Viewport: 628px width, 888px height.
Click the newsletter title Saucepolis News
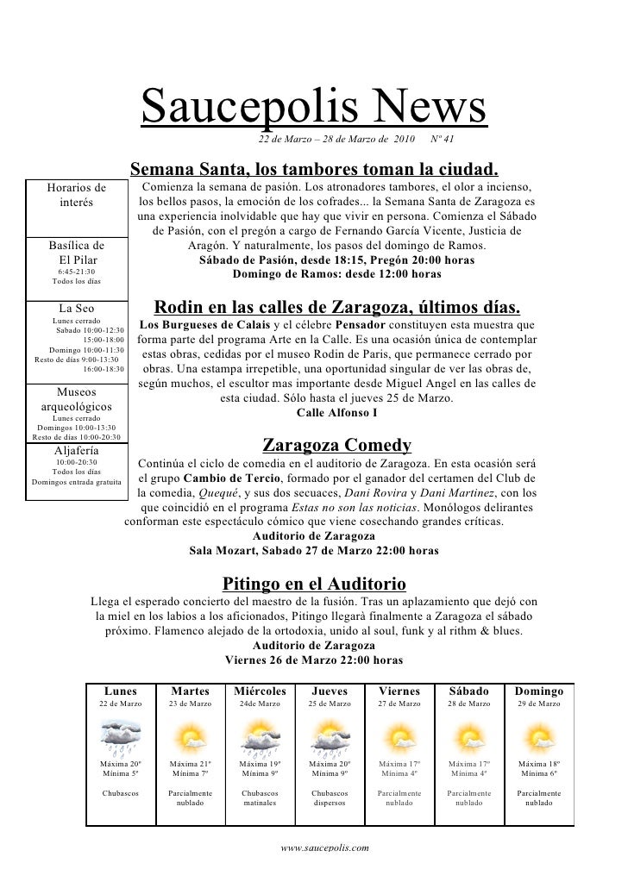(x=314, y=109)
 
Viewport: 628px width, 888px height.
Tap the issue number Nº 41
(x=442, y=139)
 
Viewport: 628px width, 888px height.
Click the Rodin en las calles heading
(x=336, y=307)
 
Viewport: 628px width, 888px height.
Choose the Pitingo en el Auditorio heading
(x=314, y=584)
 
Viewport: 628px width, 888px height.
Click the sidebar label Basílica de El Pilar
(x=77, y=252)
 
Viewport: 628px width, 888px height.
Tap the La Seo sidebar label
(x=77, y=308)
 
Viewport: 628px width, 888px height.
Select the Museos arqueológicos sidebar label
(x=77, y=399)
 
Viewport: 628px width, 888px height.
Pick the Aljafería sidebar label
(x=77, y=450)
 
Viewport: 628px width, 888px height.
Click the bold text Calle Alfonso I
(x=336, y=412)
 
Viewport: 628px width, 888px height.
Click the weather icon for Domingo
(x=539, y=737)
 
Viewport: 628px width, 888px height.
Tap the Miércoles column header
(x=260, y=691)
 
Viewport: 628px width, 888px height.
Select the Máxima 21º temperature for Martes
(x=190, y=764)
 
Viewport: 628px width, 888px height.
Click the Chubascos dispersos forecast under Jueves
(x=330, y=797)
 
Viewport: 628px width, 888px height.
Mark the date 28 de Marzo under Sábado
(x=469, y=704)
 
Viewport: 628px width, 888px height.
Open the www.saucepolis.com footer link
(x=325, y=847)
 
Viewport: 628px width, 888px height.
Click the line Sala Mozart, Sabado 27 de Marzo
(x=314, y=550)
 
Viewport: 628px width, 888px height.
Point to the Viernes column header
(x=400, y=691)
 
